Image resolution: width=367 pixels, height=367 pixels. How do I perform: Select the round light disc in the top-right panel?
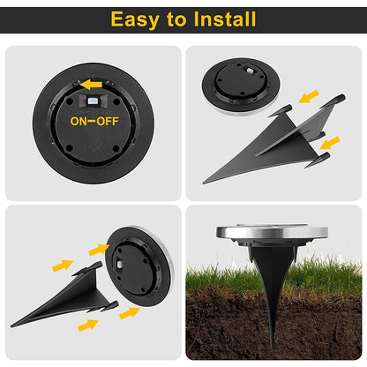click(243, 86)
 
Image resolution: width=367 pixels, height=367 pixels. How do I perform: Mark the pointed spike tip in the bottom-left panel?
click(13, 325)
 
